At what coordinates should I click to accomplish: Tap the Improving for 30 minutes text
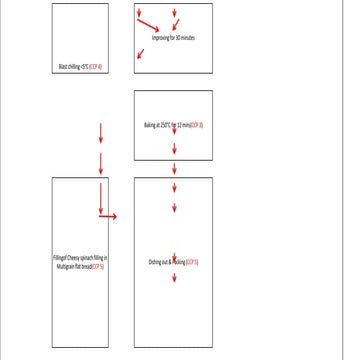tap(173, 37)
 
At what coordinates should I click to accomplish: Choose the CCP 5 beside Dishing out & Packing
tap(192, 262)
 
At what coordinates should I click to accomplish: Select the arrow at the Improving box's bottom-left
tap(141, 54)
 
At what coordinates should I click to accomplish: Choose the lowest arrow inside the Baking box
tap(175, 147)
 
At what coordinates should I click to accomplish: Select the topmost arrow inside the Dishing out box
tap(175, 187)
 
